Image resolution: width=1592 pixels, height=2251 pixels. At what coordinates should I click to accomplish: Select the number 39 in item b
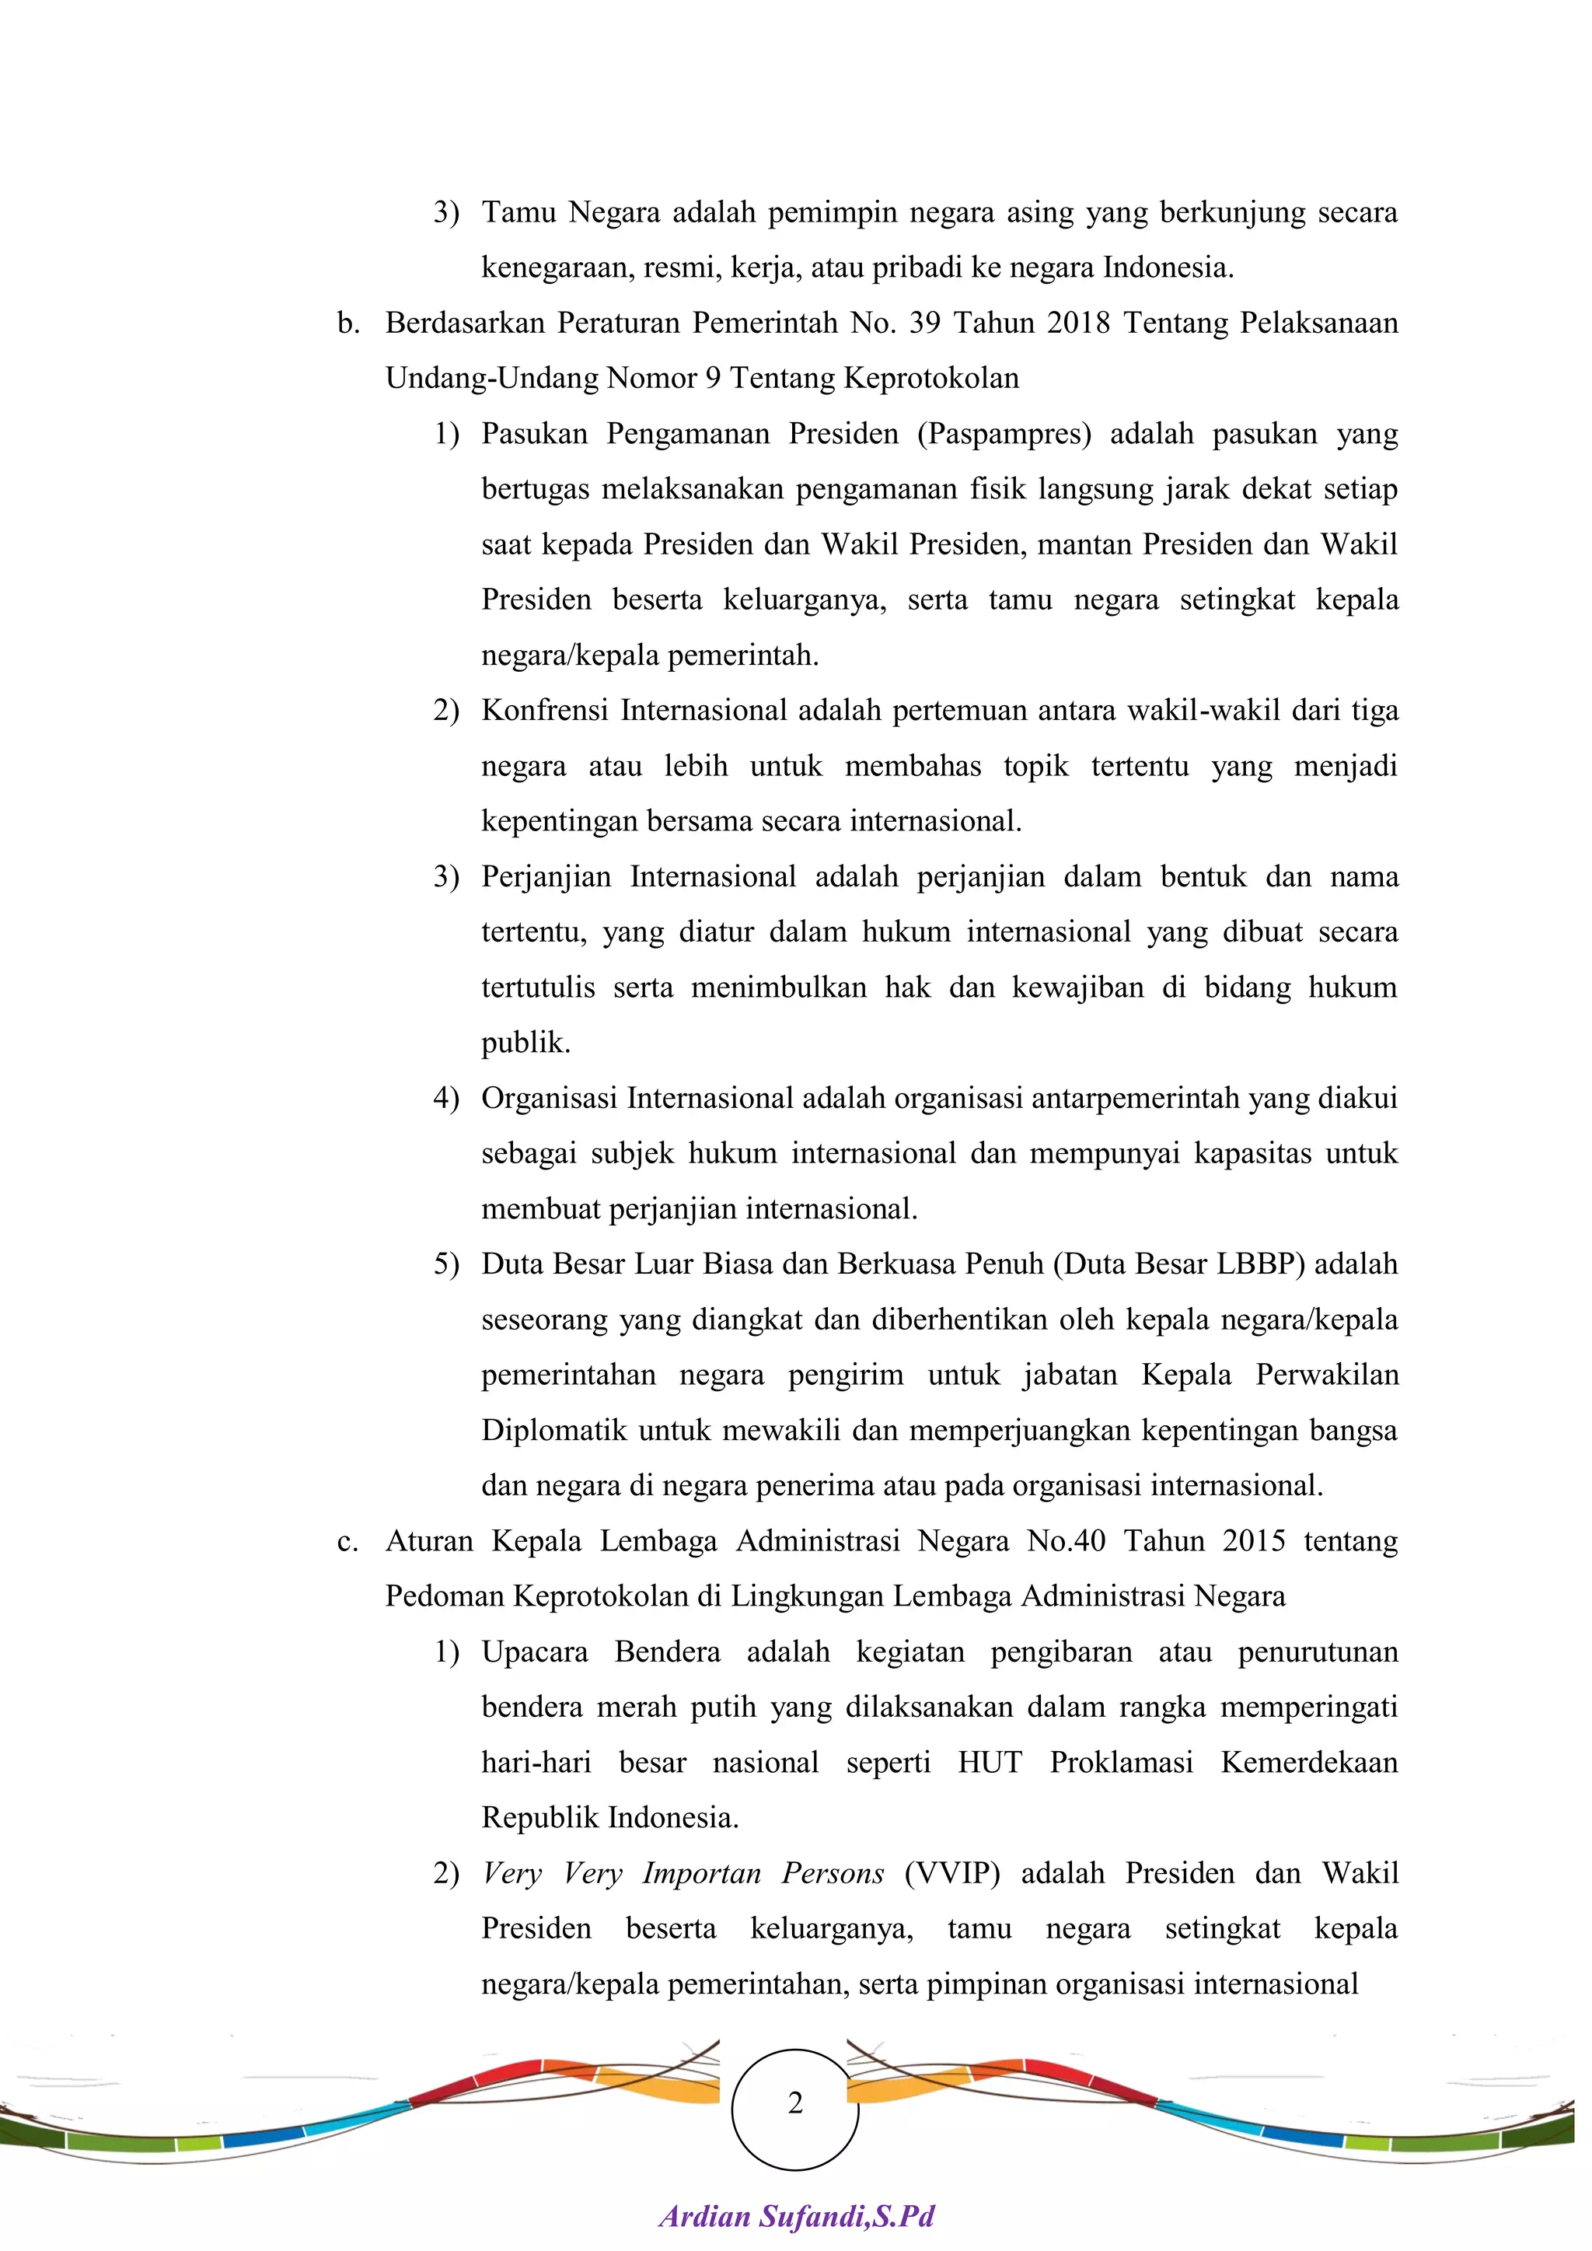[925, 323]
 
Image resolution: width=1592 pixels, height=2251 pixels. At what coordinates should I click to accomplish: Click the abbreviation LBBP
[1261, 1265]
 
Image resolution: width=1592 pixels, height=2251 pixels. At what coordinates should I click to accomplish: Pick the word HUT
[990, 1763]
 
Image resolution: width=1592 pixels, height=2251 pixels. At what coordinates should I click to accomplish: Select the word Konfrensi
[544, 711]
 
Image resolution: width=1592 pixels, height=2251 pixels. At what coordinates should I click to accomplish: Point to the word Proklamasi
[1122, 1763]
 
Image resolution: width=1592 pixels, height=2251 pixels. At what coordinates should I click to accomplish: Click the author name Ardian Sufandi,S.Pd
[796, 2217]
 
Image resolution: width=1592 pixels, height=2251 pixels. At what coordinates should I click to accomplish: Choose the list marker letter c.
[347, 1542]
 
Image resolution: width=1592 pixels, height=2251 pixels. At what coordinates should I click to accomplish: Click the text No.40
[1066, 1541]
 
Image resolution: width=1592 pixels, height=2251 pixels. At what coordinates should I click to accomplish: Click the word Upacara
[534, 1652]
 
